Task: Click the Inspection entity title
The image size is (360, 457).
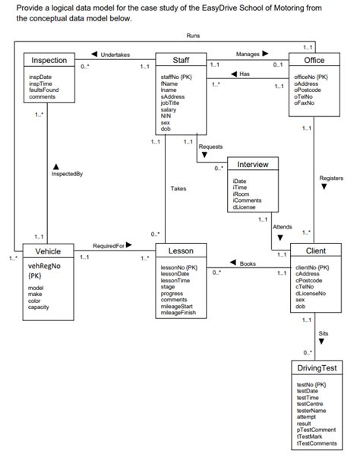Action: click(49, 60)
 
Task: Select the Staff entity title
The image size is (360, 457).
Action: click(182, 60)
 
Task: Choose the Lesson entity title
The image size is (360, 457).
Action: click(182, 251)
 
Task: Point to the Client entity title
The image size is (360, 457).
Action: click(315, 251)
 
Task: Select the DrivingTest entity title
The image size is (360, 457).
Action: click(317, 368)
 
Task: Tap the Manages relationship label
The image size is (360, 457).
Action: click(248, 55)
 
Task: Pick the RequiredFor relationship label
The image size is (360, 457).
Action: click(108, 245)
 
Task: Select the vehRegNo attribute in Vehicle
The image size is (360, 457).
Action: click(44, 267)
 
